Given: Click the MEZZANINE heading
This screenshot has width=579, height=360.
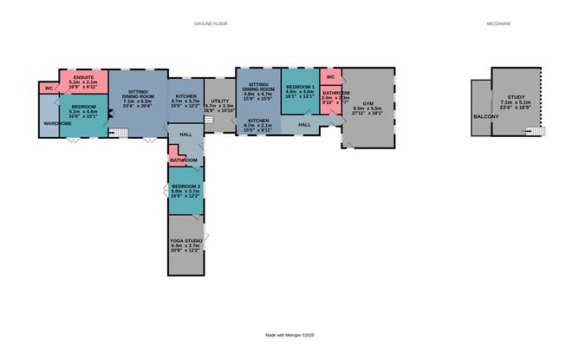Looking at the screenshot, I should (498, 24).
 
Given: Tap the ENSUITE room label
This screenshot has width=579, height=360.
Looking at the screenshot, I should (84, 77).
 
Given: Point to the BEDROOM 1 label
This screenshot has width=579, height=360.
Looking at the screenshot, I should (300, 88).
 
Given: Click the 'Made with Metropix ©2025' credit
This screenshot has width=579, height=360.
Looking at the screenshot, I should (289, 335).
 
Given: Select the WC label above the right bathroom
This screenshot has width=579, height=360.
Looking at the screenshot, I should (331, 77).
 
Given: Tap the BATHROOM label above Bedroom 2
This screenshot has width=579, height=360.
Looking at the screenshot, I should (183, 160).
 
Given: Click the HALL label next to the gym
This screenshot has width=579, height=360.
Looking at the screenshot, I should (304, 125).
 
